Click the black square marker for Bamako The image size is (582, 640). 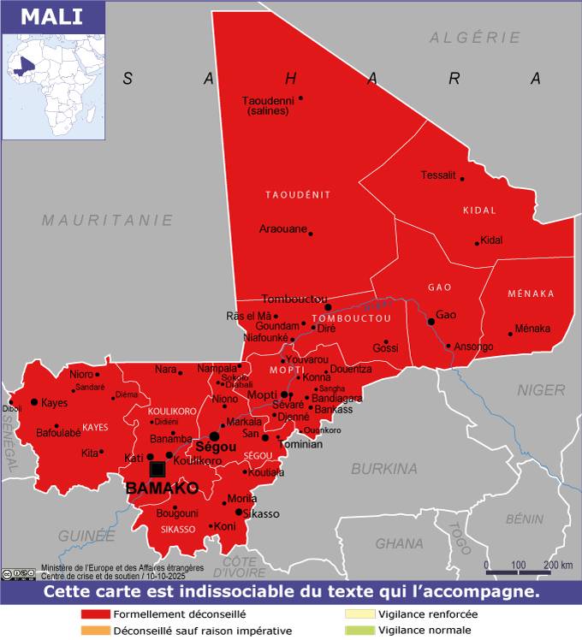157,469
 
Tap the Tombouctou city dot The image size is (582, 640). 328,307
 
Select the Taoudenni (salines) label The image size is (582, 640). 268,105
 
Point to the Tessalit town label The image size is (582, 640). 438,175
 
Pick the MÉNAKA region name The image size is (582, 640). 531,293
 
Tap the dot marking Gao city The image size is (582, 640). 431,322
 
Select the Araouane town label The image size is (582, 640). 282,229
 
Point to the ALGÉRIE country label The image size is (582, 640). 475,38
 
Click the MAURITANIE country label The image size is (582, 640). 108,220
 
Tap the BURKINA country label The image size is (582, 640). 384,469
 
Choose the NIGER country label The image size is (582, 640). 541,390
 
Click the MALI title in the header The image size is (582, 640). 47,17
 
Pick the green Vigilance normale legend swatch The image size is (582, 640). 359,631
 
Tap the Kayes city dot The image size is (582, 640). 34,401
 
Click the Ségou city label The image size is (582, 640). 215,447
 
